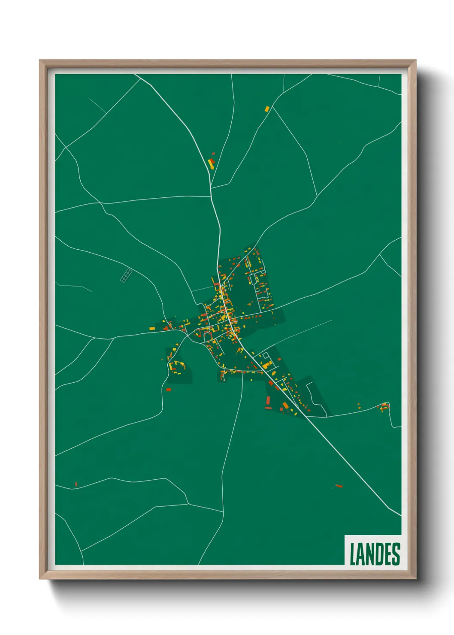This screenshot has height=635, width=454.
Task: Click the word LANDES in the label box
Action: click(x=375, y=554)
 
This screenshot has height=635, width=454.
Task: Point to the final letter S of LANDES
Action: click(x=396, y=554)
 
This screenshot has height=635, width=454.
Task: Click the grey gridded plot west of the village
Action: click(x=126, y=275)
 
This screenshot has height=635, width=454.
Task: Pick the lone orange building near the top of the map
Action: click(x=267, y=109)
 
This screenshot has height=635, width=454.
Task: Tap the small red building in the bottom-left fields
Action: click(x=76, y=484)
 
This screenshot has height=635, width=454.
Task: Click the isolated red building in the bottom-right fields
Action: click(x=339, y=486)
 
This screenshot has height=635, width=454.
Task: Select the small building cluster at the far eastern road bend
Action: click(x=383, y=407)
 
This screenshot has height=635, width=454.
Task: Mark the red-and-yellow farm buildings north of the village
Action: click(x=211, y=163)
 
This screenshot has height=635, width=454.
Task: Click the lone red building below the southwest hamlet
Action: click(x=168, y=390)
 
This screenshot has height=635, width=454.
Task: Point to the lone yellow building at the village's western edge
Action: click(x=151, y=329)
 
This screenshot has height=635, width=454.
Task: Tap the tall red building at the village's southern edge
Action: click(x=268, y=401)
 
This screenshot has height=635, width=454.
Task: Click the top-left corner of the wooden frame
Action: click(x=40, y=60)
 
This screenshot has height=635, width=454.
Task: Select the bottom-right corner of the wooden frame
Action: click(x=415, y=578)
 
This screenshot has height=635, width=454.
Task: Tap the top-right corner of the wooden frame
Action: click(x=415, y=60)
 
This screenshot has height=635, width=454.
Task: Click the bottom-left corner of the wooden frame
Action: click(x=40, y=578)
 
